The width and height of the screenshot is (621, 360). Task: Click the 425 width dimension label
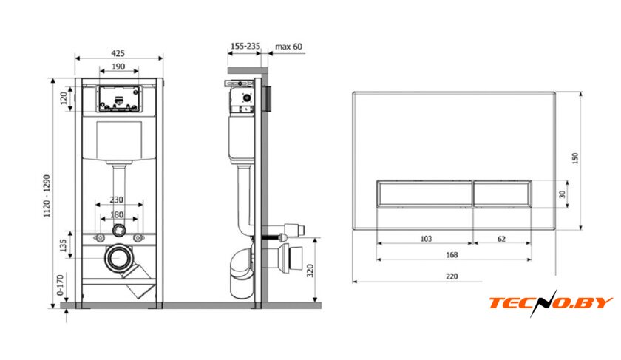click(118, 53)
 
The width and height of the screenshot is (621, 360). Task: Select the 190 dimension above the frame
click(118, 67)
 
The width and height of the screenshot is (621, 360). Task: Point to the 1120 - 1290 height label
click(47, 196)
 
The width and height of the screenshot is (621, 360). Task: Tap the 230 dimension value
click(117, 200)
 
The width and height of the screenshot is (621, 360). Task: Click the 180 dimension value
click(117, 214)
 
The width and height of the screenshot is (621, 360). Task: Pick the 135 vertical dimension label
click(63, 245)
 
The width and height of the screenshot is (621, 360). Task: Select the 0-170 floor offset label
click(60, 285)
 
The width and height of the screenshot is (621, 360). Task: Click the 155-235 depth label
click(245, 46)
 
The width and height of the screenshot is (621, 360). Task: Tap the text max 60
click(288, 47)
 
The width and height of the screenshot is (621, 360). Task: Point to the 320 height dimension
click(310, 271)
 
